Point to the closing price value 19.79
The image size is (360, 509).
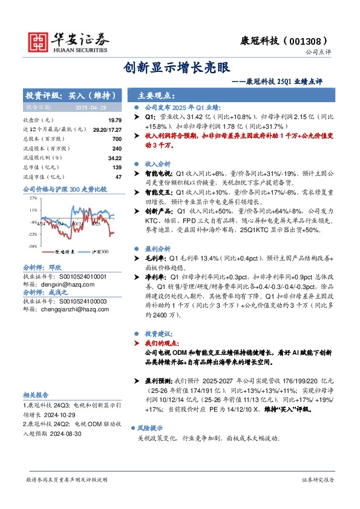tap(114, 120)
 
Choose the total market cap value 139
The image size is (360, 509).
tap(117, 167)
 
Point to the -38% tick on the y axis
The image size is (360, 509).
tap(31, 247)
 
